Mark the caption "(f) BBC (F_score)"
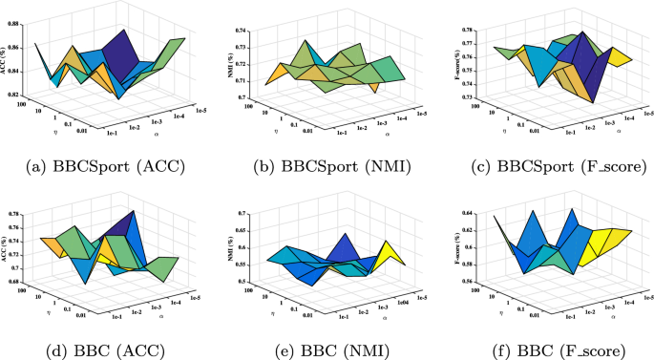[x=550, y=349]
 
